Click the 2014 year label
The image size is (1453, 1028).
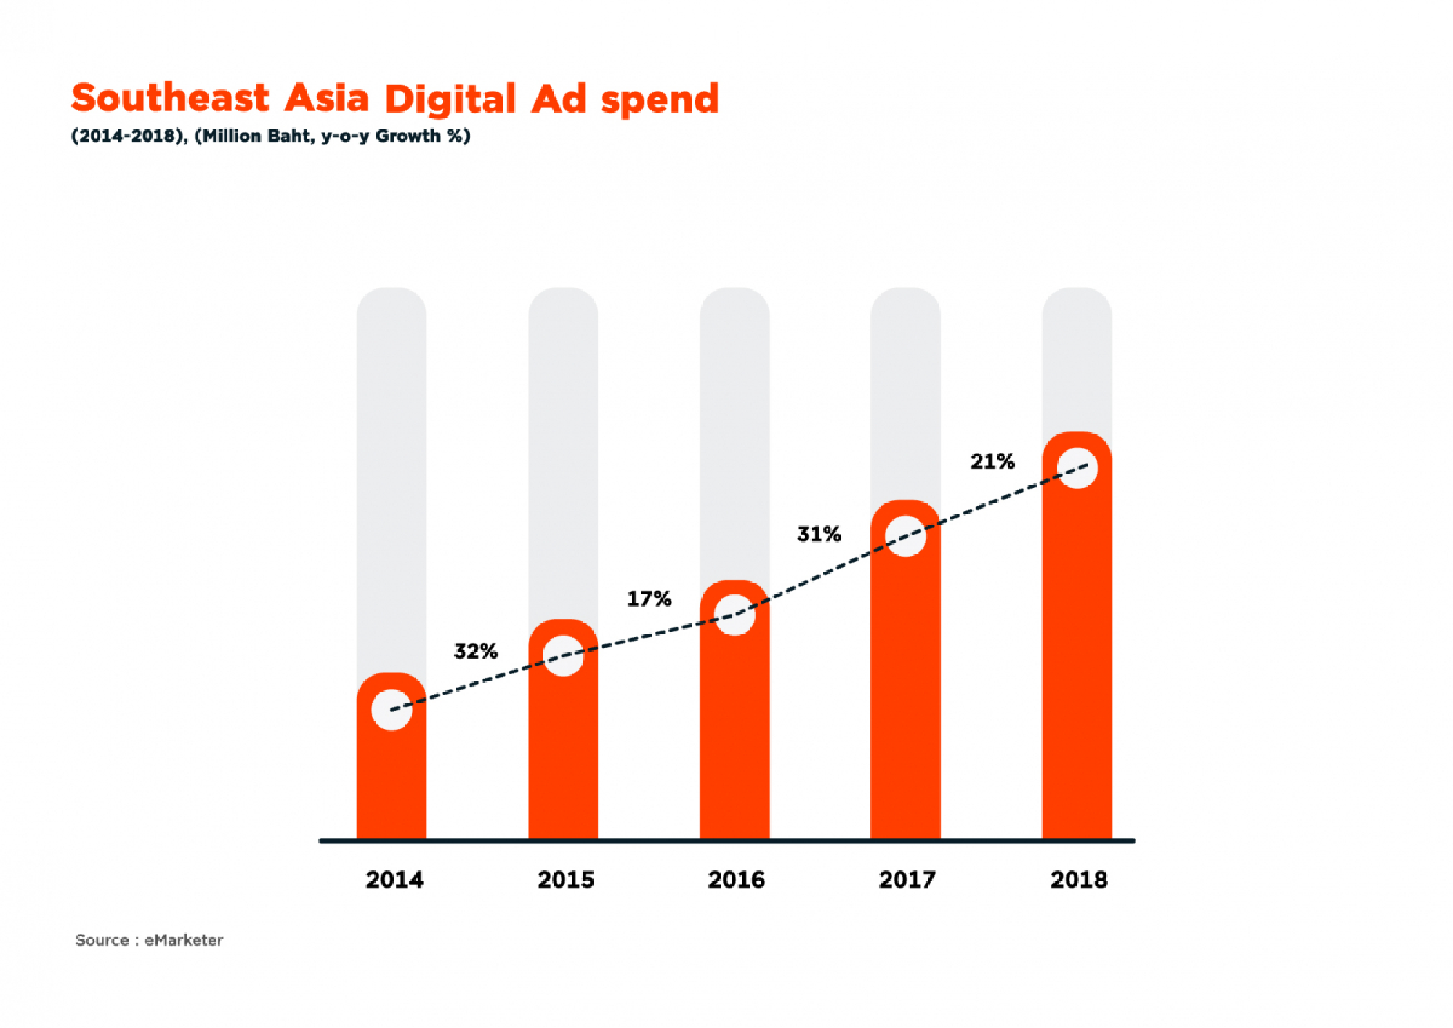(394, 880)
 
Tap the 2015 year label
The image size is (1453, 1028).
(565, 880)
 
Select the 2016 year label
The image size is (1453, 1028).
(736, 880)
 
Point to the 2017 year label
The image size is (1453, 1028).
(907, 880)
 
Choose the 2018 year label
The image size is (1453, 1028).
(1079, 880)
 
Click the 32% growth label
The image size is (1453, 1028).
(476, 651)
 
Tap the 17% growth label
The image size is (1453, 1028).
(649, 599)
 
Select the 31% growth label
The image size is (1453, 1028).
(819, 534)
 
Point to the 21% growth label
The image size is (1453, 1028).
(992, 461)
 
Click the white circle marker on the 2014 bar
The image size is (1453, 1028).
(392, 710)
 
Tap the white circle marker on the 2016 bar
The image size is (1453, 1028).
(734, 615)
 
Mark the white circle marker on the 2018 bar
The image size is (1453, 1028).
(1077, 468)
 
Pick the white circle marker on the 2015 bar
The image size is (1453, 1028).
(563, 656)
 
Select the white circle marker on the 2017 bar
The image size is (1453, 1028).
(906, 536)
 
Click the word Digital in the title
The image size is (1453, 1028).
(450, 100)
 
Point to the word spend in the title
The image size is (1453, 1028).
(660, 100)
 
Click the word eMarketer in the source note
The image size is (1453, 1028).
(184, 940)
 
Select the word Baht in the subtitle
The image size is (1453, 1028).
(289, 136)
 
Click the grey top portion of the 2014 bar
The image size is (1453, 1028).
(392, 472)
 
